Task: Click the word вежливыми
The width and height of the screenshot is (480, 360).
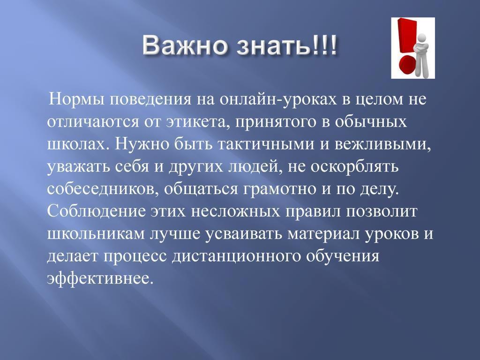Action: [382, 144]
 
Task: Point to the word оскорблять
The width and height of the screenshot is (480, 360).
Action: [354, 166]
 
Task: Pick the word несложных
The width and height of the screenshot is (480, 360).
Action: [235, 211]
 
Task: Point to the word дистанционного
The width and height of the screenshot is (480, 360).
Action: [236, 256]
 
